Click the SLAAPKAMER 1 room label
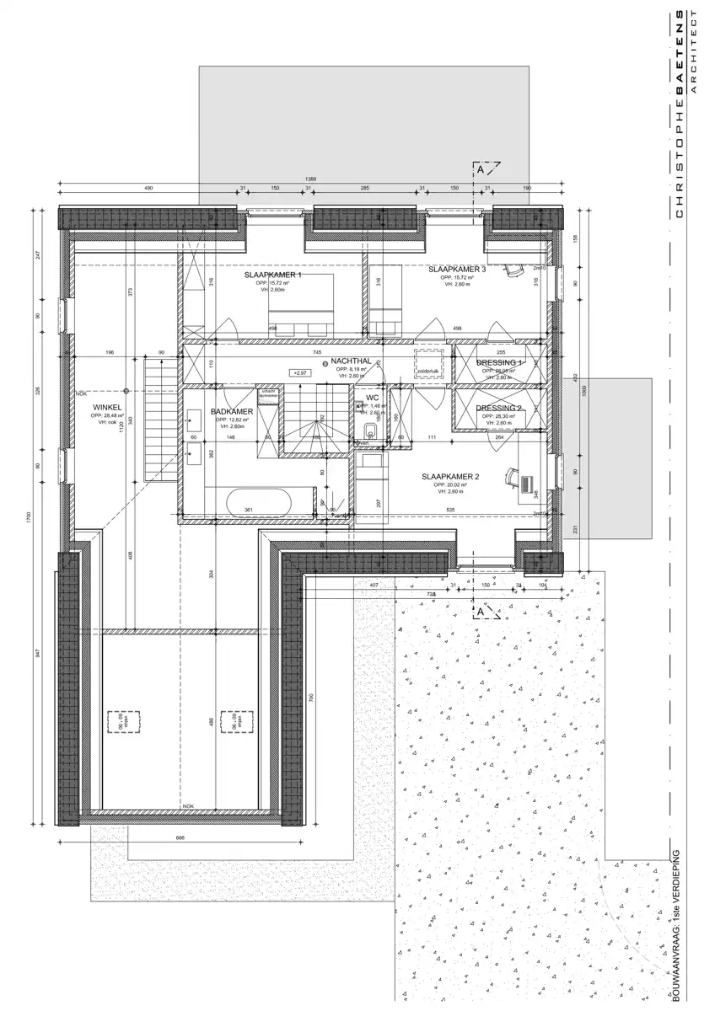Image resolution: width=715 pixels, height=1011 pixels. [272, 275]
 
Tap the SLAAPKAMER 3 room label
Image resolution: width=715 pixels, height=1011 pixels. [456, 270]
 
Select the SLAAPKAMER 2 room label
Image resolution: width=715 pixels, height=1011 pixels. [450, 477]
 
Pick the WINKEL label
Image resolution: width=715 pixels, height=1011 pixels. [108, 407]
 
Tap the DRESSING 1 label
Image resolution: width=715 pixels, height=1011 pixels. [499, 362]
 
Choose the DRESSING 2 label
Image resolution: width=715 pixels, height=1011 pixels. [499, 408]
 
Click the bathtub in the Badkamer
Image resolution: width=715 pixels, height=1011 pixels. [259, 504]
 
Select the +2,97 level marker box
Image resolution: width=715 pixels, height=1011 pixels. [298, 372]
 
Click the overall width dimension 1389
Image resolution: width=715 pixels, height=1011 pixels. [310, 179]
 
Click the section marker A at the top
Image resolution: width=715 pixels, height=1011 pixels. [481, 168]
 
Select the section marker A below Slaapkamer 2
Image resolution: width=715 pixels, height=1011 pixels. [481, 611]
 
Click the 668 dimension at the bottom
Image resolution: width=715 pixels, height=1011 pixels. [180, 837]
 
